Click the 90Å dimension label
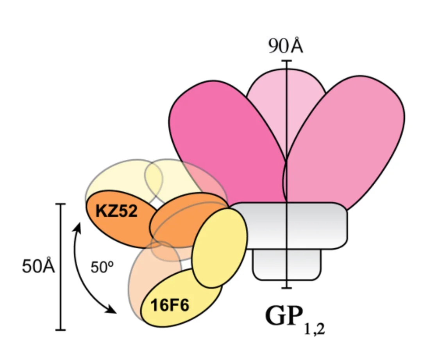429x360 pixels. coord(286,47)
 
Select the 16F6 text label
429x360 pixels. coord(170,306)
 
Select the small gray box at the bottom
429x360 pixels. coord(287,266)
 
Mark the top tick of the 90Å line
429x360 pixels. coord(287,61)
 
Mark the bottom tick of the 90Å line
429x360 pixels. coord(287,288)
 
